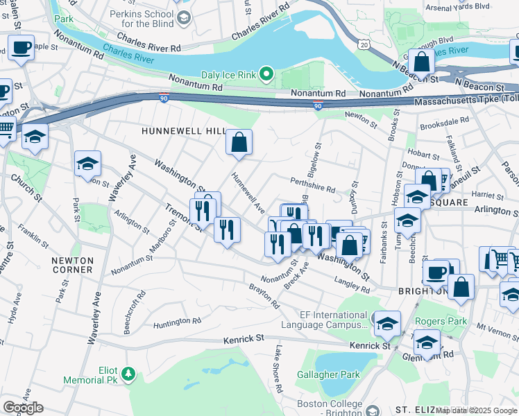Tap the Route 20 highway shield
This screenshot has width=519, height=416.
point(364,44)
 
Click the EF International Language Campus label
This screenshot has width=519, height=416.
point(325,320)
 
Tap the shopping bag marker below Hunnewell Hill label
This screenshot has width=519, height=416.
point(239,142)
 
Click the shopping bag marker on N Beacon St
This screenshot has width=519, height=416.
point(421,62)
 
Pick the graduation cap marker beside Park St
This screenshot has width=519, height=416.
point(88,164)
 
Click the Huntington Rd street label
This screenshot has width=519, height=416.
point(177,321)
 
